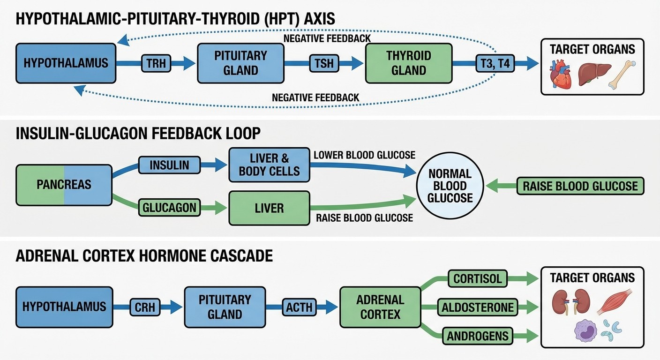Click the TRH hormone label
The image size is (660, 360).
(x=156, y=63)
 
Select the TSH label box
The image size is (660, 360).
(x=324, y=63)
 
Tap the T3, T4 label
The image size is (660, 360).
(x=495, y=63)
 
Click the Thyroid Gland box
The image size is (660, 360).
(x=408, y=63)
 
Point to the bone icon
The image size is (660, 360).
(x=622, y=75)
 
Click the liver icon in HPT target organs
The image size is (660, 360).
(x=594, y=74)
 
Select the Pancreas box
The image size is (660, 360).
(x=64, y=185)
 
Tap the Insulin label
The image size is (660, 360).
(x=169, y=165)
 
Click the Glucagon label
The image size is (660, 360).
(x=169, y=208)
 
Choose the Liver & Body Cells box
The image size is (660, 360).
(x=269, y=165)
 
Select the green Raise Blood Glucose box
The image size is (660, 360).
(x=580, y=186)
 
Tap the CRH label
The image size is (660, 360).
(x=144, y=307)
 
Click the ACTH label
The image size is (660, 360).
(x=299, y=307)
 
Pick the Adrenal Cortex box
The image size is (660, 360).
(x=380, y=307)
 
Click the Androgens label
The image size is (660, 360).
(x=478, y=336)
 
